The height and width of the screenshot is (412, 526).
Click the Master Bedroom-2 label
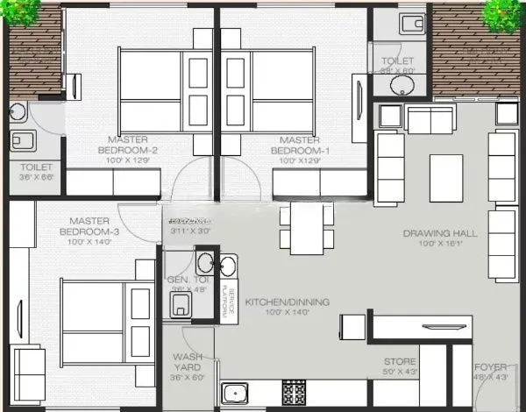(128, 144)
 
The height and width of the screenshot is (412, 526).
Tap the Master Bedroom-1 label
(297, 144)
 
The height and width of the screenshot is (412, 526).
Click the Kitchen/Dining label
(287, 302)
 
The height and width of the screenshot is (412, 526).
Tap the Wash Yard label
(188, 362)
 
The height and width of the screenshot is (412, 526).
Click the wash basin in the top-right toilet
(402, 85)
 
